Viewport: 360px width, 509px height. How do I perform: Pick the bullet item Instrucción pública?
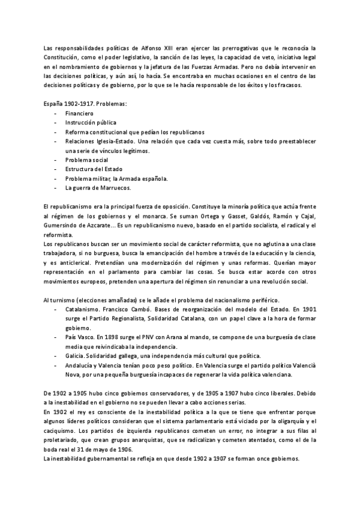[91, 122]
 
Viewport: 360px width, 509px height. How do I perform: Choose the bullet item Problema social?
[86, 160]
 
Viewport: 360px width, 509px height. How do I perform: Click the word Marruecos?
[112, 188]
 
